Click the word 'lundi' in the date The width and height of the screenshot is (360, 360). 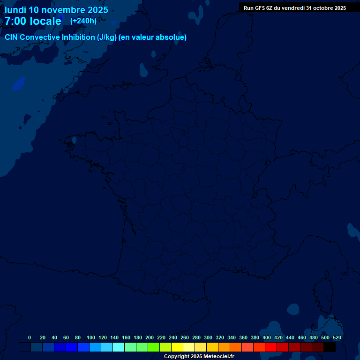click(x=15, y=10)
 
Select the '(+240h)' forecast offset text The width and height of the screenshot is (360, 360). click(x=83, y=21)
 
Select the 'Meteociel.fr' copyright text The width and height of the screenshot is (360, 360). click(x=219, y=356)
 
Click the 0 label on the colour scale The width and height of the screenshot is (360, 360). click(x=30, y=337)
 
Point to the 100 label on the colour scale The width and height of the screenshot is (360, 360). click(x=91, y=337)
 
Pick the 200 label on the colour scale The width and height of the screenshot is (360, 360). click(x=150, y=337)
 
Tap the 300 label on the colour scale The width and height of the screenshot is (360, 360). click(x=208, y=337)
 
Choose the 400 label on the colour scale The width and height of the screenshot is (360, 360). click(x=267, y=337)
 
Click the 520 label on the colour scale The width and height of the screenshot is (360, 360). click(x=337, y=337)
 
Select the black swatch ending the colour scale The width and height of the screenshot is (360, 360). click(x=330, y=347)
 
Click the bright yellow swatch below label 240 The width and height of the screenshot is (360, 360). click(x=177, y=347)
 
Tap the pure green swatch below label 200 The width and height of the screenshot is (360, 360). click(x=154, y=347)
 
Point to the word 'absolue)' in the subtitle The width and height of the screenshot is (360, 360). click(x=172, y=37)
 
